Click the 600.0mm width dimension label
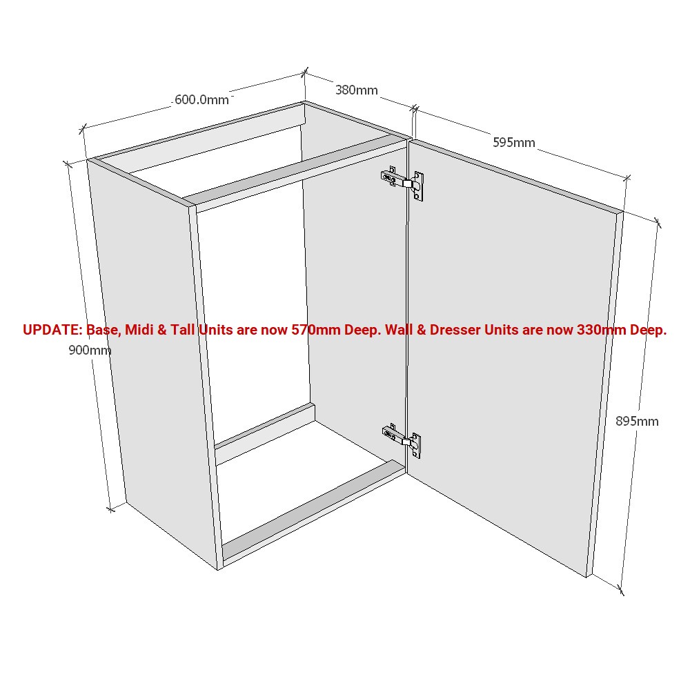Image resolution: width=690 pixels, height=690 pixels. (201, 99)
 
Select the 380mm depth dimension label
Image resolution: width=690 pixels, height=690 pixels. (356, 90)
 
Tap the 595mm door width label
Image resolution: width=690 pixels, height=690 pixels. (513, 143)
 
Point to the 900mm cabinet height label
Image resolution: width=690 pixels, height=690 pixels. (90, 350)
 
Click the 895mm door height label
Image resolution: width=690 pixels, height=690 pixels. (636, 421)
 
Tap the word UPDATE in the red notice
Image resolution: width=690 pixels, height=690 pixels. (52, 330)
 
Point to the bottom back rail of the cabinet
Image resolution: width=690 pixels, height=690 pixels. (266, 433)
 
